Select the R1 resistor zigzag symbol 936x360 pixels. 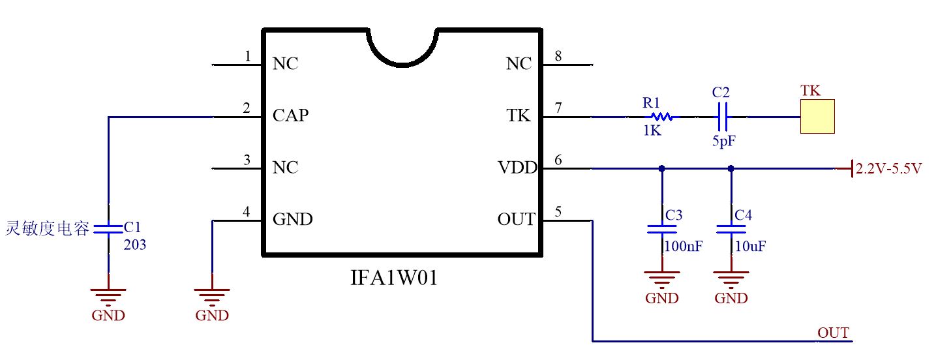pyautogui.click(x=662, y=117)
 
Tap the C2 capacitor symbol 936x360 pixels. pyautogui.click(x=721, y=117)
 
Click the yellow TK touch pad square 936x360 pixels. pyautogui.click(x=818, y=117)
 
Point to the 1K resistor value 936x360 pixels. pyautogui.click(x=652, y=130)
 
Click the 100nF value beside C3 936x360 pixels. pyautogui.click(x=684, y=247)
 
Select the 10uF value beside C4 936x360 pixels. pyautogui.click(x=750, y=247)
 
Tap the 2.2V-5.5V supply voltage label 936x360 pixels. pyautogui.click(x=888, y=169)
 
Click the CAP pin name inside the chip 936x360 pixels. pyautogui.click(x=291, y=116)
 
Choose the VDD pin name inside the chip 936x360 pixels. pyautogui.click(x=517, y=168)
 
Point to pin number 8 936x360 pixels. pyautogui.click(x=558, y=56)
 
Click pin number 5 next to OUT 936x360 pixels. pyautogui.click(x=558, y=211)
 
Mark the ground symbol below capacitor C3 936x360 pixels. pyautogui.click(x=661, y=279)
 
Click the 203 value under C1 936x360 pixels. pyautogui.click(x=135, y=245)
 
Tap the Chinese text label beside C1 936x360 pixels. pyautogui.click(x=47, y=229)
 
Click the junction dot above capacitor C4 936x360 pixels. pyautogui.click(x=731, y=168)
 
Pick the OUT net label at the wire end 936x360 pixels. pyautogui.click(x=833, y=333)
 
